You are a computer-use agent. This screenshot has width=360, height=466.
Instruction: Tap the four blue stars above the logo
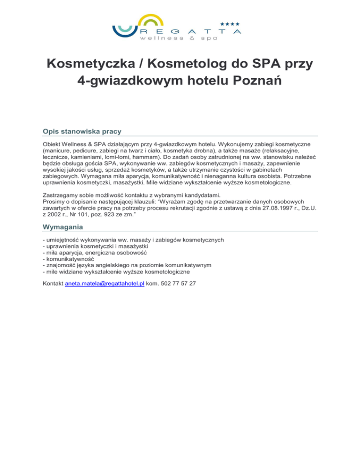230,23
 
